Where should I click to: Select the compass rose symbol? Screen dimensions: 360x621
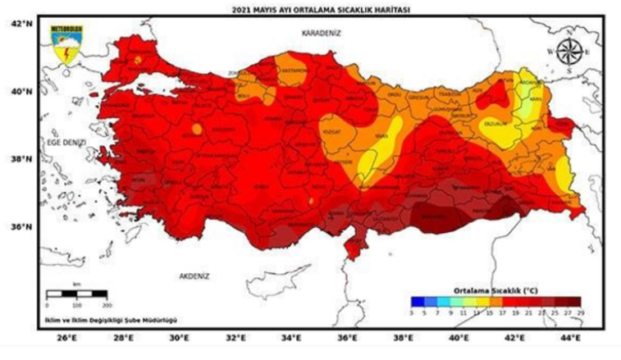pos(567,51)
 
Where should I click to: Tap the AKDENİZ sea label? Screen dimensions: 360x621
pos(195,276)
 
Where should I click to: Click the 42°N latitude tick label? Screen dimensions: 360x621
pos(21,24)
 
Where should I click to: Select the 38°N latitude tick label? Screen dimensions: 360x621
pos(21,159)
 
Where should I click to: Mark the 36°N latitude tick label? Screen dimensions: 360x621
pos(21,227)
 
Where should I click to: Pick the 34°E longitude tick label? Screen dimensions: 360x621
pos(290,337)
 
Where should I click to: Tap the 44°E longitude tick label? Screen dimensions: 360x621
pos(572,337)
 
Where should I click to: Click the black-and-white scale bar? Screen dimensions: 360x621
pos(76,293)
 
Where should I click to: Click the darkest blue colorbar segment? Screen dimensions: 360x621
pos(416,300)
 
